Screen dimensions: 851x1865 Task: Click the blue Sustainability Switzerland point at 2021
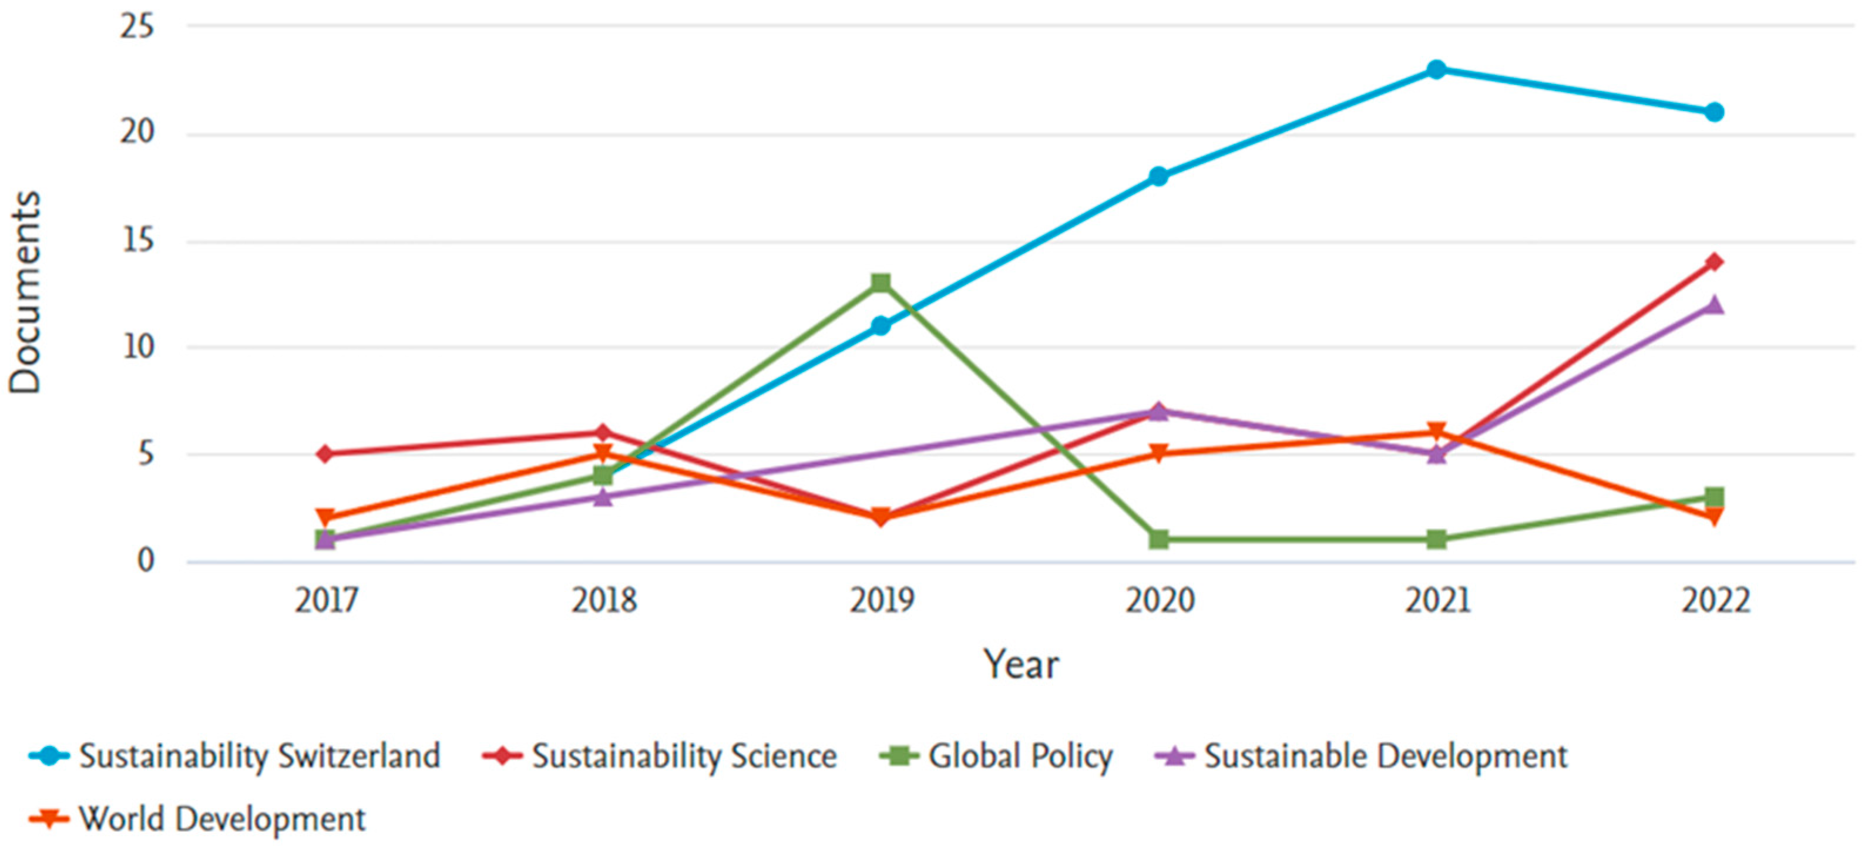(1436, 69)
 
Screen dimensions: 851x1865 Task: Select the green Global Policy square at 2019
(881, 283)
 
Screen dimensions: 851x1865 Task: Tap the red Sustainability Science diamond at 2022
(1713, 261)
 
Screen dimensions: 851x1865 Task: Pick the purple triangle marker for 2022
(1713, 305)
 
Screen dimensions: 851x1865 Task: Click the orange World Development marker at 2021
(1436, 432)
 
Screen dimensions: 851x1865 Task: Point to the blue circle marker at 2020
(1158, 176)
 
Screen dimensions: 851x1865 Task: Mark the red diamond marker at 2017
(325, 454)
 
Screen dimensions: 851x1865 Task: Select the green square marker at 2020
(1158, 539)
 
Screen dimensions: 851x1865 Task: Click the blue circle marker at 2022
(1713, 112)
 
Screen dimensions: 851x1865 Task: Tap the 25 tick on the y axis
(137, 27)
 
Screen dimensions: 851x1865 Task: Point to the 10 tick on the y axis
(137, 347)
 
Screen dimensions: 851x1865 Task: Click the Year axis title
(1020, 664)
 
